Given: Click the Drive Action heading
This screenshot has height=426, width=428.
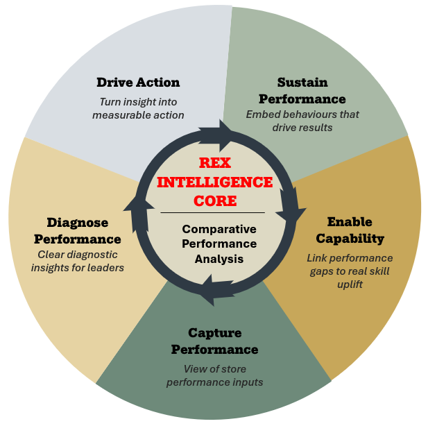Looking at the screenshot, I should pos(138,83).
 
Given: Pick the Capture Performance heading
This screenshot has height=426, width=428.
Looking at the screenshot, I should pos(214,340).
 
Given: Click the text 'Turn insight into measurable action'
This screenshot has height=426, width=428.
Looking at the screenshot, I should pos(138,108).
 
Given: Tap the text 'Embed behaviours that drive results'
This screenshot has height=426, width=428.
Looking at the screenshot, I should pos(302,121).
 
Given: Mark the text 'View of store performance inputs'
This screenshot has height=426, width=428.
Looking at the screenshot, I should pos(215,375).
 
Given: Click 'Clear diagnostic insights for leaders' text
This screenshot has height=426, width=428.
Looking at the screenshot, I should pos(80,261).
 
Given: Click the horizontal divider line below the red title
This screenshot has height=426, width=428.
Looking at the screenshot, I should pos(212,212).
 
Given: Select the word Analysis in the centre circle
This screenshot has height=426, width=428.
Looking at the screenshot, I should pos(219,259).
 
